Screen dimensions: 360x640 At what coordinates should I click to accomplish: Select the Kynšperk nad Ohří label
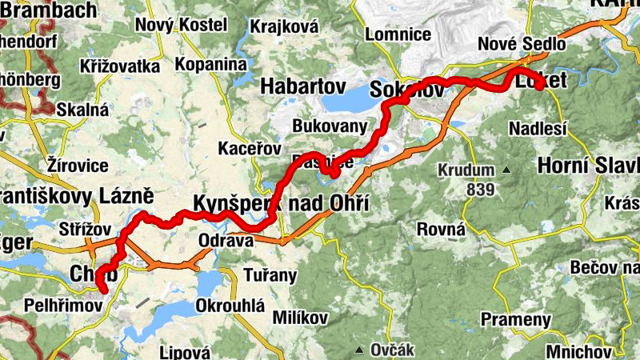(x=281, y=202)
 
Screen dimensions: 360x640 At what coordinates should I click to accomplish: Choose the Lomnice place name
(x=398, y=34)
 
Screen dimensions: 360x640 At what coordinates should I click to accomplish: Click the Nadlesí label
(x=538, y=128)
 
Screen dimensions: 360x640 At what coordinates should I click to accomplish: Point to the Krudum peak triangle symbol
(x=506, y=170)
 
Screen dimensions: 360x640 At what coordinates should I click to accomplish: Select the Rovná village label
(x=442, y=230)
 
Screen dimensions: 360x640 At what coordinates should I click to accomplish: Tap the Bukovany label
(x=330, y=126)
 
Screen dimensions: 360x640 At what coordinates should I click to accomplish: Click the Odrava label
(x=226, y=240)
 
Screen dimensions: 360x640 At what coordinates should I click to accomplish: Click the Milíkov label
(x=301, y=318)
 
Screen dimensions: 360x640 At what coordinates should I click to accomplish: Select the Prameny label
(x=516, y=320)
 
